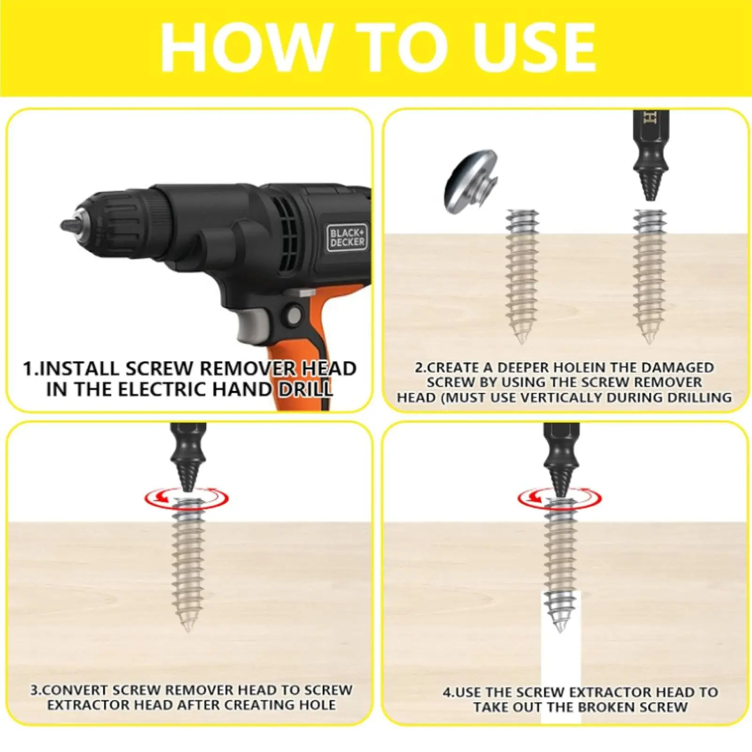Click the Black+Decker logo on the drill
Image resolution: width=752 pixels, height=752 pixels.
347,237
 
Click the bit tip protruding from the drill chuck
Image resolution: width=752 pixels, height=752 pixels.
69,225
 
